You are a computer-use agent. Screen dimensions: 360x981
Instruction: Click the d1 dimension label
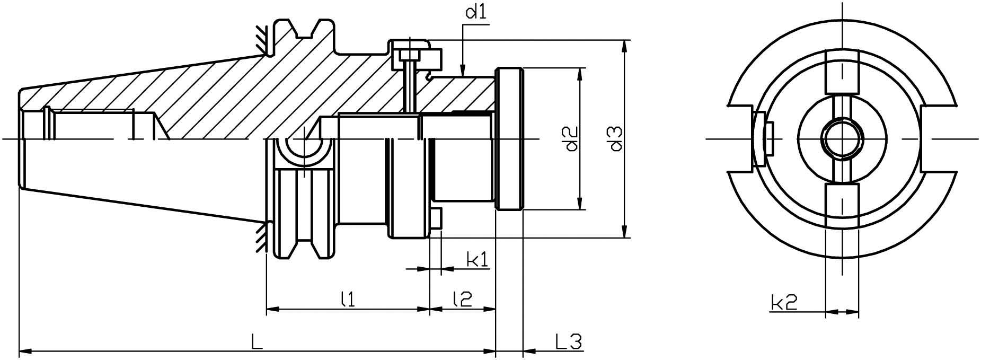[x=475, y=13]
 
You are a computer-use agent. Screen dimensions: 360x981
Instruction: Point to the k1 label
[x=477, y=260]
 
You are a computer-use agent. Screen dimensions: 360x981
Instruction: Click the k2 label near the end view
[x=783, y=303]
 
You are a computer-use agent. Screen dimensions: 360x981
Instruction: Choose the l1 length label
[x=347, y=300]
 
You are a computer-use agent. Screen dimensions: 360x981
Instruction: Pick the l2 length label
[x=462, y=300]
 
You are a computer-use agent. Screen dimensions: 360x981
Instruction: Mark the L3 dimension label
[x=568, y=342]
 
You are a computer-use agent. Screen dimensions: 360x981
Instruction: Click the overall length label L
[x=257, y=342]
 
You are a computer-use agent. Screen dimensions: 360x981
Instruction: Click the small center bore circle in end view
[x=842, y=139]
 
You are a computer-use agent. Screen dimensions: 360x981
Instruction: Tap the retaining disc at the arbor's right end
[x=509, y=139]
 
